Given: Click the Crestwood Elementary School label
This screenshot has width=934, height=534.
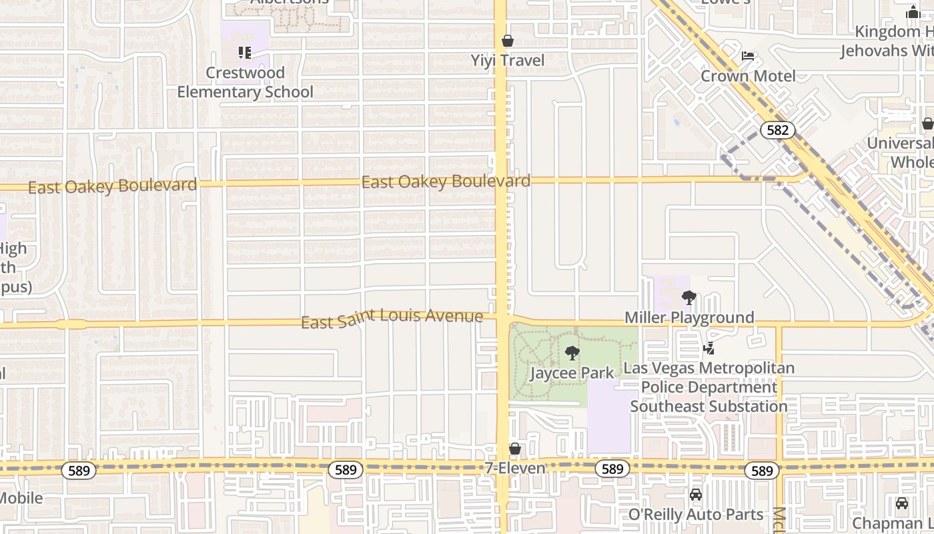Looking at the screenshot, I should (245, 82).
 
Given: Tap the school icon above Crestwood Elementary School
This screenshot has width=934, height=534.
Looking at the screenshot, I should (245, 52).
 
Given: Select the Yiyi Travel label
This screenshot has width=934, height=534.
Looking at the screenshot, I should (508, 61).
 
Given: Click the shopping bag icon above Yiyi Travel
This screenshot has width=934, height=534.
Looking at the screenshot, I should (508, 41).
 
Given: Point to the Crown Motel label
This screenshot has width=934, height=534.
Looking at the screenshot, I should (748, 76).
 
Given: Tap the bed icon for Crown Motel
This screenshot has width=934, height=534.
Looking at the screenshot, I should (748, 56).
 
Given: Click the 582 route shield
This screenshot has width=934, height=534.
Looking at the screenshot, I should (778, 130).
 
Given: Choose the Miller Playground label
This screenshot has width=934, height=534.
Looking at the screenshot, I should (689, 318).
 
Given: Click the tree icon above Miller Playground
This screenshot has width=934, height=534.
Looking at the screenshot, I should (689, 298).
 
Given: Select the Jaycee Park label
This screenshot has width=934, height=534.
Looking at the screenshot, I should (572, 373).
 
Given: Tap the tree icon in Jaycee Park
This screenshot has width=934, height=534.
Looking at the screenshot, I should (572, 353).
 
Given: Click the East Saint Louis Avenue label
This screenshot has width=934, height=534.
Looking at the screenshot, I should (392, 318).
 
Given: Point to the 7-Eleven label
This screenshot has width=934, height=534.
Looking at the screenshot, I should (514, 469).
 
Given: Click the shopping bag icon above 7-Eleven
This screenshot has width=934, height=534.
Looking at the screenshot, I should (514, 449).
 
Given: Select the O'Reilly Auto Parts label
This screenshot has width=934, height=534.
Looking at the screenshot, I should (696, 515).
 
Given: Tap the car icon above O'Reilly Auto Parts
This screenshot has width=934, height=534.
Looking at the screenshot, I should (696, 495).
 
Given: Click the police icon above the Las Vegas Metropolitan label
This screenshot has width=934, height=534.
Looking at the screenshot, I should (709, 348).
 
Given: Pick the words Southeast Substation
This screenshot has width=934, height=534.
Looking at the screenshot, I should (709, 407).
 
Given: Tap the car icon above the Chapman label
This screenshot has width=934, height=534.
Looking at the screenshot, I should (902, 503).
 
